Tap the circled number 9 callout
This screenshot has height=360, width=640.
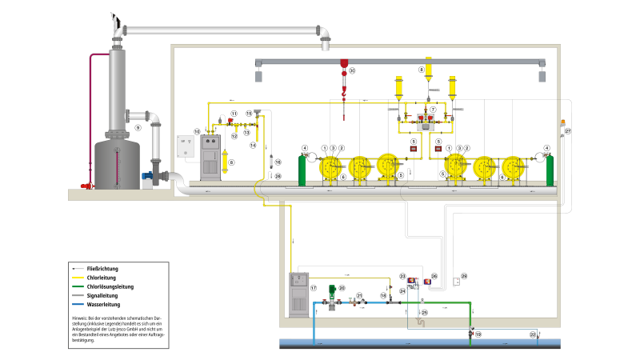138,127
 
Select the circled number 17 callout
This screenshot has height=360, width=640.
314,288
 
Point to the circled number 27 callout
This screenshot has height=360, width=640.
569,130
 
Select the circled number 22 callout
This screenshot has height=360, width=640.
533,334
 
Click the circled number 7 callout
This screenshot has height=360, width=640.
433,109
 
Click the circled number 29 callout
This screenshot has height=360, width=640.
464,276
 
